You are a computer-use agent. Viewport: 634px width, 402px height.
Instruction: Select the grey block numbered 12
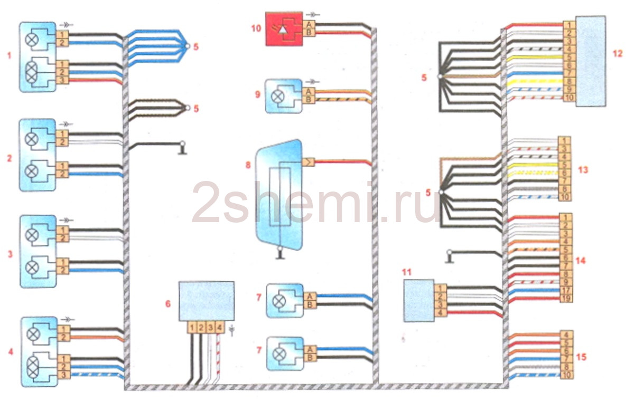590,61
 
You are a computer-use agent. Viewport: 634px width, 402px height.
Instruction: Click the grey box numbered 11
418,300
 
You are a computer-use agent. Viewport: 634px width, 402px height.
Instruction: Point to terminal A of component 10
307,25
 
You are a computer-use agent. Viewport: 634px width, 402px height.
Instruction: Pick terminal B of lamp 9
307,100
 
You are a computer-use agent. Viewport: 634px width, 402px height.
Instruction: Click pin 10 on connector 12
568,98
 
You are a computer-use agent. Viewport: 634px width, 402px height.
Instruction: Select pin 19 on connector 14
565,298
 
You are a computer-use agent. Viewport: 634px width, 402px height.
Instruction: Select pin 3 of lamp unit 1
62,80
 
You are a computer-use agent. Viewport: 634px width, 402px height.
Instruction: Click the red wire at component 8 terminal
343,161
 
